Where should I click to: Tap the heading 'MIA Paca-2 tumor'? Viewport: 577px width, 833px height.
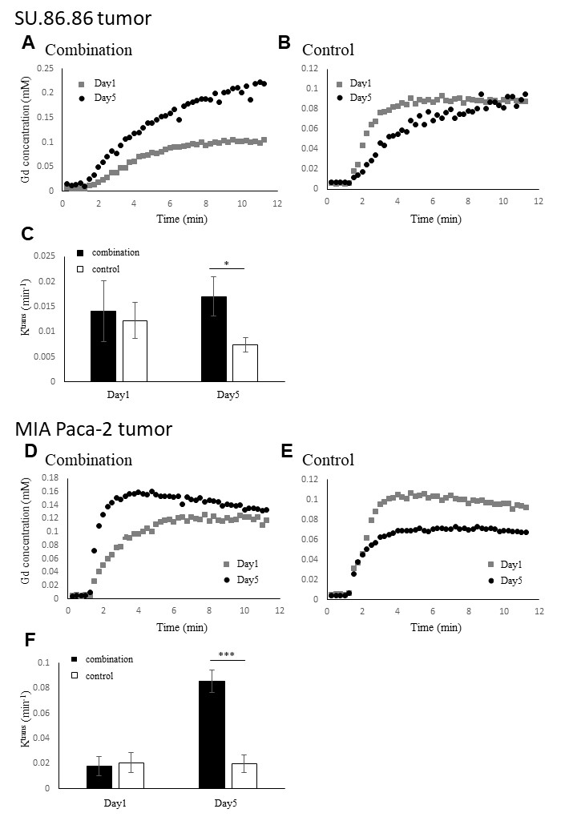click(x=94, y=429)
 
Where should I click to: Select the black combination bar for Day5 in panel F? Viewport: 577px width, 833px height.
click(x=212, y=734)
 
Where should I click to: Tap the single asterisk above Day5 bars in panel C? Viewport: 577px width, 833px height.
click(x=226, y=263)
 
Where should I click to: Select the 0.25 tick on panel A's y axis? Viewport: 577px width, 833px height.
click(x=50, y=68)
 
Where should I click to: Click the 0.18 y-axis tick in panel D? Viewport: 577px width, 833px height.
click(x=50, y=479)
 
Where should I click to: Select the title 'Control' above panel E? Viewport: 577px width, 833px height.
click(x=328, y=460)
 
